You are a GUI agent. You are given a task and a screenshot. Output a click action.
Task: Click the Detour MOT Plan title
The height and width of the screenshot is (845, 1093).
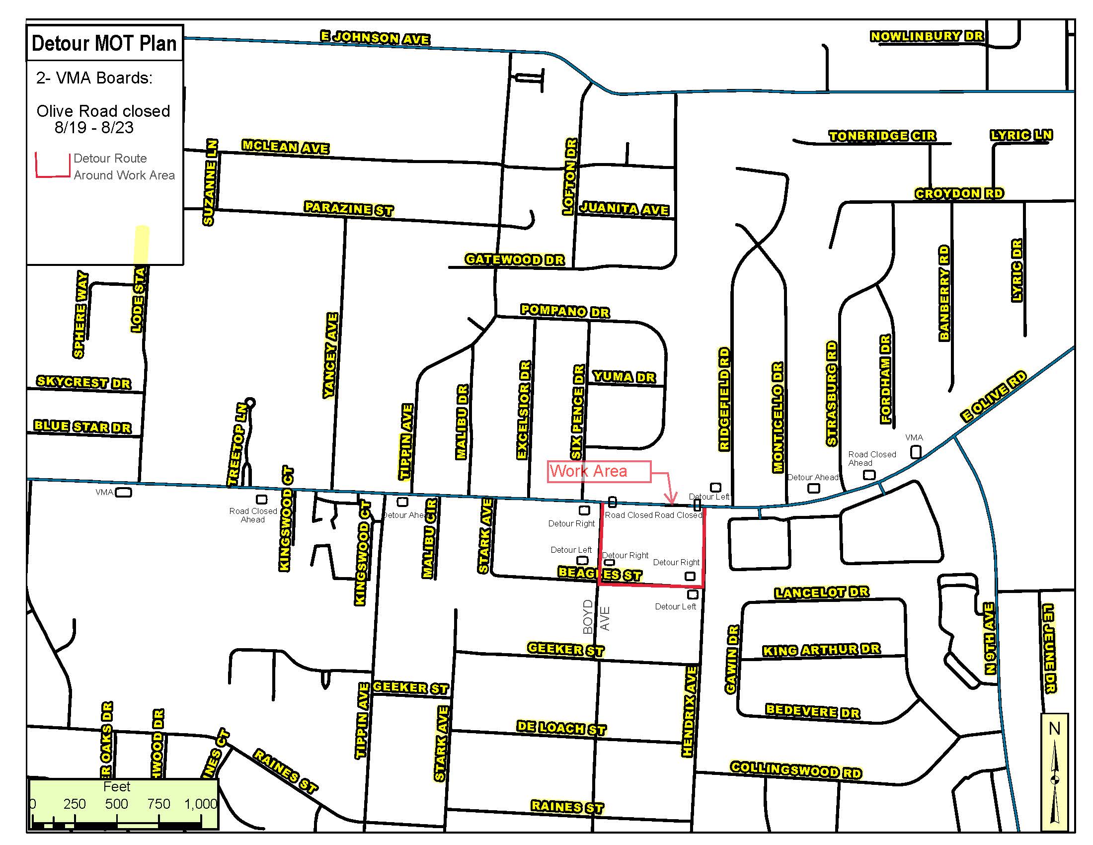click(104, 44)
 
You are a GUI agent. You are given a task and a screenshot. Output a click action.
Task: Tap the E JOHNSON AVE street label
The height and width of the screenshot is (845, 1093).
click(375, 38)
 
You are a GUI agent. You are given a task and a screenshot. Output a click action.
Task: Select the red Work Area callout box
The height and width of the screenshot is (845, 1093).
click(599, 471)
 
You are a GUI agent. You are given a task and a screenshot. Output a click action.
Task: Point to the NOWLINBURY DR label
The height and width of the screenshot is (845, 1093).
click(927, 36)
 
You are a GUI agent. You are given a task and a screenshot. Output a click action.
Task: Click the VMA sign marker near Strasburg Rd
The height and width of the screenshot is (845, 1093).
click(915, 451)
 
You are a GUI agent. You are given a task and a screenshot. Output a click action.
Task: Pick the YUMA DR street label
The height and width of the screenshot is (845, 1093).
click(624, 377)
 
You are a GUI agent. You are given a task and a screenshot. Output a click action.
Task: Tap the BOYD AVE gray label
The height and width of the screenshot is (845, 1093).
click(596, 617)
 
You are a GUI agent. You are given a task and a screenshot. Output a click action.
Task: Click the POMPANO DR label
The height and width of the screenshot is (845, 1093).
click(564, 311)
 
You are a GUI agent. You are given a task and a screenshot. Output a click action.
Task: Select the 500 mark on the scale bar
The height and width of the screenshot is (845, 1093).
click(116, 803)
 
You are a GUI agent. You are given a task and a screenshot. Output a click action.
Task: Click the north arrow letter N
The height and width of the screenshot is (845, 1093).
click(1054, 728)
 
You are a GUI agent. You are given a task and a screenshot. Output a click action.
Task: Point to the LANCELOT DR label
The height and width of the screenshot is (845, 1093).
click(821, 592)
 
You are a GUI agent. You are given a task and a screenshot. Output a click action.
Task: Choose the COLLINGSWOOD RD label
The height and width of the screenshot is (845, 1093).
click(796, 769)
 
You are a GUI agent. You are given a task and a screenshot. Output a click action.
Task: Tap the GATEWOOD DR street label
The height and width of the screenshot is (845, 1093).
click(515, 259)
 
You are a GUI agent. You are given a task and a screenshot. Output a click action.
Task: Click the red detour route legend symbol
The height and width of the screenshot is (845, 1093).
click(52, 165)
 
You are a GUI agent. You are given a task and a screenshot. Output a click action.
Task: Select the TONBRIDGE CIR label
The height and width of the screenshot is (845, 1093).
click(882, 136)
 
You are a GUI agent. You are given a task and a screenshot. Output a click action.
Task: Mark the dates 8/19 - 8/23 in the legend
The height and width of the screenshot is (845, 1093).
click(94, 128)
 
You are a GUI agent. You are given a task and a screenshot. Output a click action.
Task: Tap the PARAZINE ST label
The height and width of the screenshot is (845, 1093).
click(348, 208)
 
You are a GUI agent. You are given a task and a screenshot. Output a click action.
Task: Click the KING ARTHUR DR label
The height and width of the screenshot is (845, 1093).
click(821, 650)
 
